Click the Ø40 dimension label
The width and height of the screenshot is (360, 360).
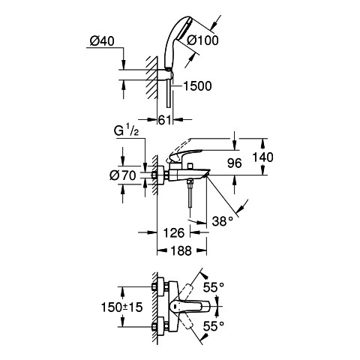click(102, 41)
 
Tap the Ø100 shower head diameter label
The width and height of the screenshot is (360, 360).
click(202, 40)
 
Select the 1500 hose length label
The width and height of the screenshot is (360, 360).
click(197, 86)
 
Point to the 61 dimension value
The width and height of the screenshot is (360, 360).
click(165, 120)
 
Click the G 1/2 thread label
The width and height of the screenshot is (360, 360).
click(126, 130)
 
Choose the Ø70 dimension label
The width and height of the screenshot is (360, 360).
click(123, 175)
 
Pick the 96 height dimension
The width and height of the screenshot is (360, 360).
click(235, 163)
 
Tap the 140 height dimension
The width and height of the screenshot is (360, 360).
click(262, 157)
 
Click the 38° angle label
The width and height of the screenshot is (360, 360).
click(223, 221)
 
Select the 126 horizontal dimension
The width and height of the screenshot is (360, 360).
click(174, 233)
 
